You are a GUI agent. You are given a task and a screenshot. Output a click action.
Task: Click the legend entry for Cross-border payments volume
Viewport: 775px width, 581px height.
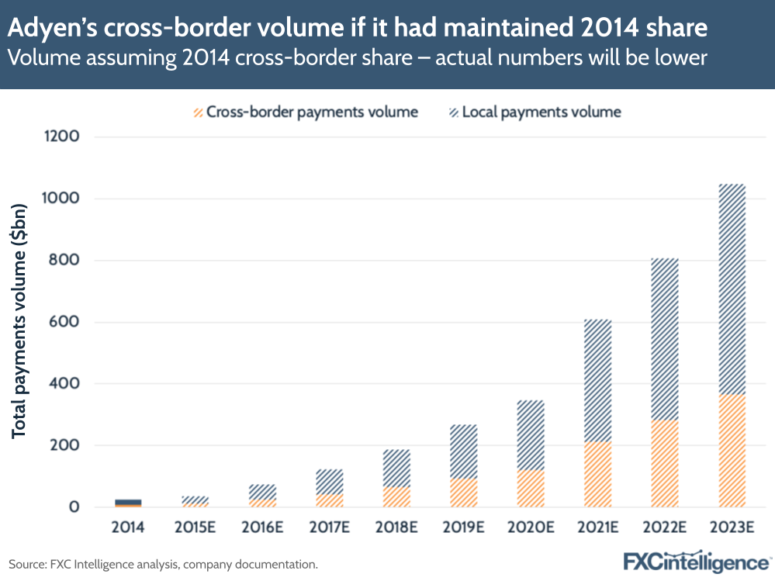[x=306, y=112]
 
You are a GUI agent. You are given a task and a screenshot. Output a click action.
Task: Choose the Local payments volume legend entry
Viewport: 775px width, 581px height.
[x=535, y=112]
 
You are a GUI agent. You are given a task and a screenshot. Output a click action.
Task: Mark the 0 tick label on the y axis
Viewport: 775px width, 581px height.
[x=74, y=507]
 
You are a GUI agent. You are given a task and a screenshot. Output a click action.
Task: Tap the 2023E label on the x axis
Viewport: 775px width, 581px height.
[x=732, y=527]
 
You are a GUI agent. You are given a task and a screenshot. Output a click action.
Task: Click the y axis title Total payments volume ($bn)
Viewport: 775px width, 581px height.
[x=19, y=323]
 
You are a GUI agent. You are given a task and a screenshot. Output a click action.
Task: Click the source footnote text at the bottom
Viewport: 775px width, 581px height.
[x=163, y=564]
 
